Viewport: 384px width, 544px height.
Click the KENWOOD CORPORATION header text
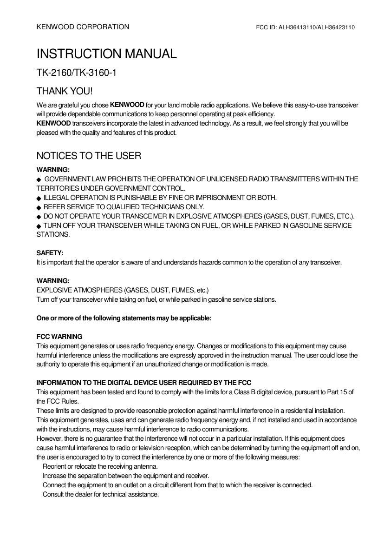83,27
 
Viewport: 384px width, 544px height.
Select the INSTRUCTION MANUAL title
106,54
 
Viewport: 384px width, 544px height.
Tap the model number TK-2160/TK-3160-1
77,73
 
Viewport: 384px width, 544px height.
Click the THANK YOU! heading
65,91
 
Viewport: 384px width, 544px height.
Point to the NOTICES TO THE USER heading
89,156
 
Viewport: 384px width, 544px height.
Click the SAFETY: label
50,253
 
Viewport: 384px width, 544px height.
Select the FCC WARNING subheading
59,337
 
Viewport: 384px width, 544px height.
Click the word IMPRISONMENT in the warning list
221,198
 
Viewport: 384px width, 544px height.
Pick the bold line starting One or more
124,318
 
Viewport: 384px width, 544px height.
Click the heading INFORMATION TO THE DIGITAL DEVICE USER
144,383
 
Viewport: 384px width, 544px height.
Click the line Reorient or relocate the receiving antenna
100,466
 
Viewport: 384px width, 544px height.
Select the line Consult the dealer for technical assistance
101,494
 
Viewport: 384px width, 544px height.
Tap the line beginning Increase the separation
126,476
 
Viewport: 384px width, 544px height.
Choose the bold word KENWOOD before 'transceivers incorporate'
53,123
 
